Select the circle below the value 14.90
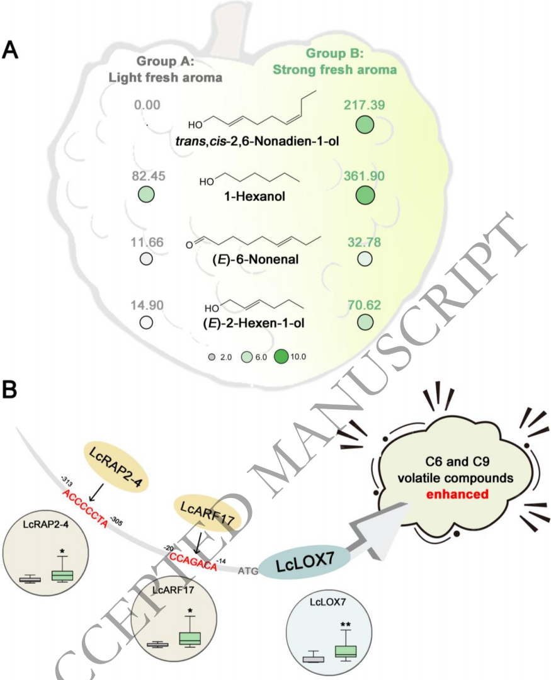pyautogui.click(x=147, y=323)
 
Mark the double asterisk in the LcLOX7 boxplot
pyautogui.click(x=345, y=625)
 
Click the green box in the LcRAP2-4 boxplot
pyautogui.click(x=62, y=575)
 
